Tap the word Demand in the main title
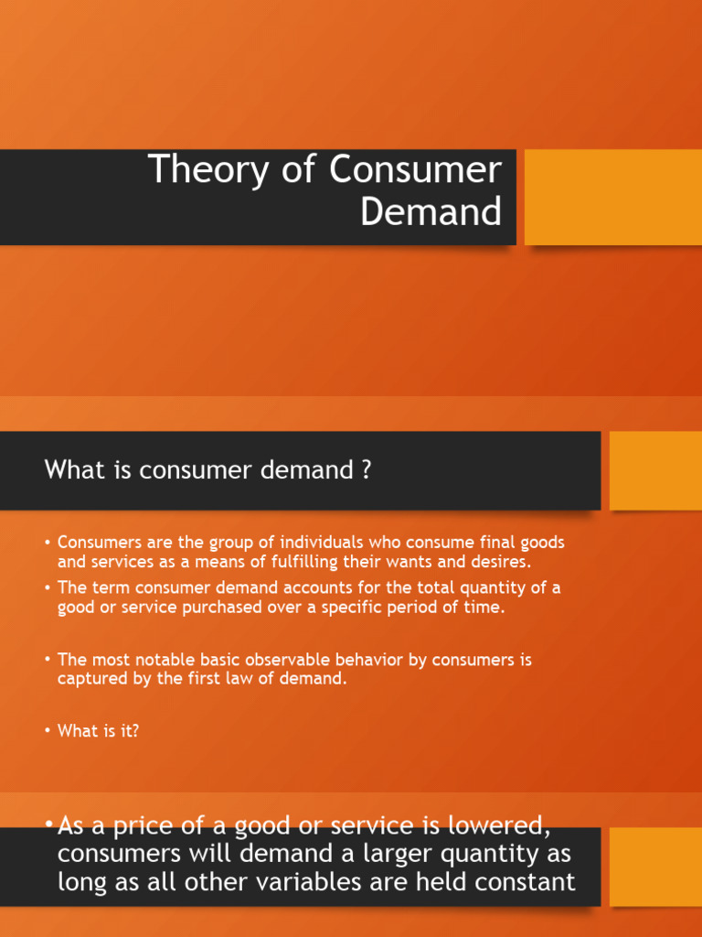431,211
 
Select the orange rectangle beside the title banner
613,197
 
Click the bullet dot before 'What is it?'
48,731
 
